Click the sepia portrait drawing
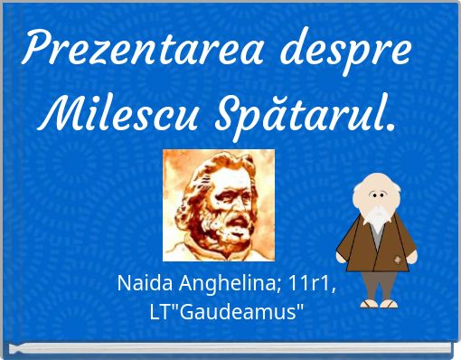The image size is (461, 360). pyautogui.click(x=218, y=204)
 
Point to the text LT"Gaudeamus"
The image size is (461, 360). pyautogui.click(x=226, y=310)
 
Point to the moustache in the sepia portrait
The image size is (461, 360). pyautogui.click(x=227, y=216)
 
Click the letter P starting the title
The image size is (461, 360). pyautogui.click(x=37, y=47)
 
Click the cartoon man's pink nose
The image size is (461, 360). pyautogui.click(x=372, y=201)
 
